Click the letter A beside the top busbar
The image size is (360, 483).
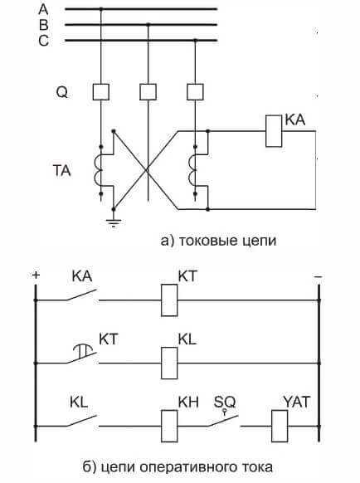click(x=44, y=9)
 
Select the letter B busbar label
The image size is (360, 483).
click(x=44, y=25)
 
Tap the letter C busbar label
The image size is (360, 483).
click(x=44, y=41)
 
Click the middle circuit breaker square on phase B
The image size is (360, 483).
click(x=148, y=91)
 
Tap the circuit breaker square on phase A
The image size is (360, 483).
click(x=100, y=91)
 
